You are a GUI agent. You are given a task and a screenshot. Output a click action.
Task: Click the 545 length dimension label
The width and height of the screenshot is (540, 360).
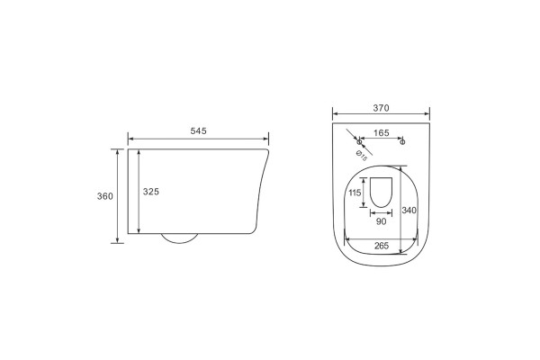[x=198, y=130]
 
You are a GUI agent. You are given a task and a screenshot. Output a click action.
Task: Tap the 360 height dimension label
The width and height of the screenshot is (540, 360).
[x=105, y=196]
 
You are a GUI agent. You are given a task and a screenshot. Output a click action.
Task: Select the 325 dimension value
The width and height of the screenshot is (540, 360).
[x=151, y=192]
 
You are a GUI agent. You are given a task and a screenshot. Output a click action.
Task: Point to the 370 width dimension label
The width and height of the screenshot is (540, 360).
[x=381, y=108]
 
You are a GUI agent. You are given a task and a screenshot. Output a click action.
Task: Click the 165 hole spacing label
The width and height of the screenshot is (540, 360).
[x=382, y=133]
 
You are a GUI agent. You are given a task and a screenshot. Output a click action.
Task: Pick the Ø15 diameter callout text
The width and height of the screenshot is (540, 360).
[x=361, y=156]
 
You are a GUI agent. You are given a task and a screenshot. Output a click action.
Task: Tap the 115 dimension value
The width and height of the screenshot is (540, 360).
[x=355, y=193]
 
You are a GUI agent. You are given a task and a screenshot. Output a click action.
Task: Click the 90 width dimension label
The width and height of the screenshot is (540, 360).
[x=382, y=221]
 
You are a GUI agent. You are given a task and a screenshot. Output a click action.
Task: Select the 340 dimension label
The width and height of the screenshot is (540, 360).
[x=409, y=210]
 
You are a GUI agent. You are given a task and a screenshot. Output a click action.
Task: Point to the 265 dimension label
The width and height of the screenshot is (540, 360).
[x=382, y=246]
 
